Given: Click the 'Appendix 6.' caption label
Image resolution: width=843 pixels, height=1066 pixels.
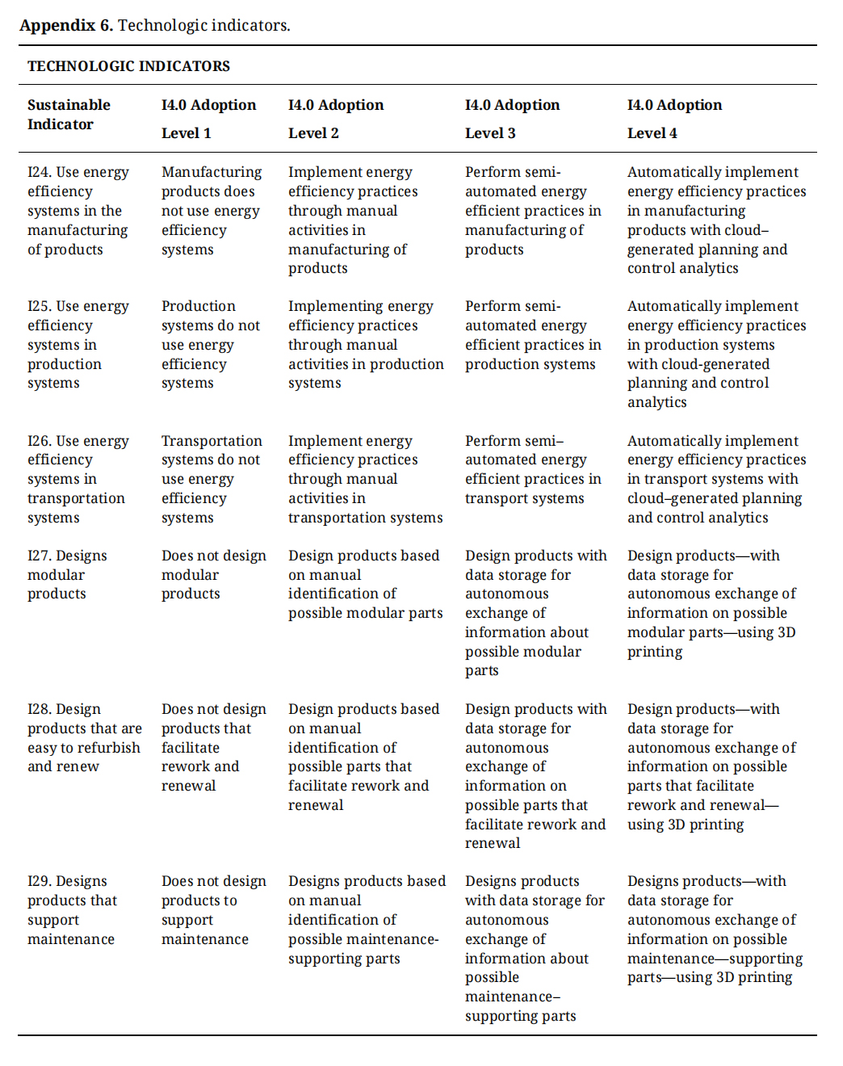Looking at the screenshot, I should [66, 25].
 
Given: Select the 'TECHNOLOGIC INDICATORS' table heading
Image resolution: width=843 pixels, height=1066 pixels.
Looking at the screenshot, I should [128, 66].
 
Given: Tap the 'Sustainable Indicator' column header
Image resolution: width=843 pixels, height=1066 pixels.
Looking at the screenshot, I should [69, 115].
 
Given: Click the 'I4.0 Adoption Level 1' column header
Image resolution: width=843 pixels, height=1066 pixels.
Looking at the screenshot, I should [208, 119].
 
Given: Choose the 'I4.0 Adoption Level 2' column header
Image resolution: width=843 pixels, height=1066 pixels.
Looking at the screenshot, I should [336, 119].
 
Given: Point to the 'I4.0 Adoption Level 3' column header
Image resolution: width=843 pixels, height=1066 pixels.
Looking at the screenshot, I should [512, 119].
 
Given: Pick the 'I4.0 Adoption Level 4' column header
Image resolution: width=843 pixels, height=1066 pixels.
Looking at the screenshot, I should [674, 119].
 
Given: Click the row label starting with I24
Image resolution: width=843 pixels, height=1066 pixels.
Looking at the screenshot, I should [78, 211].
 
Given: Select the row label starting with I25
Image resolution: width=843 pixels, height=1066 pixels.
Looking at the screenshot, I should [78, 345].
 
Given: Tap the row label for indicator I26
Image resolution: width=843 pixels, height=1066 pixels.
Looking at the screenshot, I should [78, 479].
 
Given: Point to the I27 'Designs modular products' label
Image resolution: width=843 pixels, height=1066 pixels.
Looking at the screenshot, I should [67, 575].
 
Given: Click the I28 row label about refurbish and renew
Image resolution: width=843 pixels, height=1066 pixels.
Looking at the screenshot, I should [84, 738].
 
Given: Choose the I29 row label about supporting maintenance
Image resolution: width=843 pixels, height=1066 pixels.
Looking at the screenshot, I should [72, 910].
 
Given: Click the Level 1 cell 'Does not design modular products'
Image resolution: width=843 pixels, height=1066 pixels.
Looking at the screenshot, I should [213, 575].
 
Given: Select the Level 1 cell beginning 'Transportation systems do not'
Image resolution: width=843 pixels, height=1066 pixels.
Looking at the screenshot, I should [211, 479].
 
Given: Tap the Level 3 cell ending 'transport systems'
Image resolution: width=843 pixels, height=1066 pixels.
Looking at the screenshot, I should [533, 470].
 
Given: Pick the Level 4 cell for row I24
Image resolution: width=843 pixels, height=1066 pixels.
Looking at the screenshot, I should [716, 220].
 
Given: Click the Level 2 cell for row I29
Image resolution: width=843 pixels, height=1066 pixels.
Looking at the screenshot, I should [367, 920].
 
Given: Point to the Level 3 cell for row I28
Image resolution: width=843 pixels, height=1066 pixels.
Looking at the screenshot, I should [535, 776].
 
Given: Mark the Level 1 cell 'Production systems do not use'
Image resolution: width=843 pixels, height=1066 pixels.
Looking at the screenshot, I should [210, 345].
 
